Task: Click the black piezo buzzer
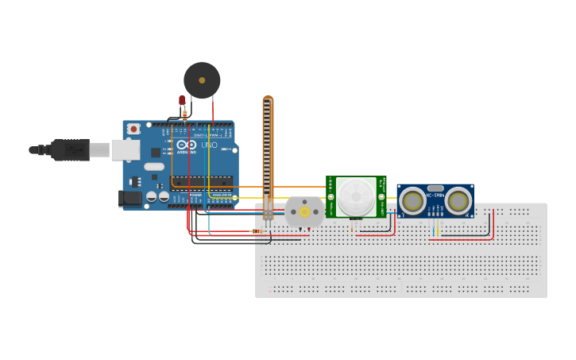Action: click(202, 80)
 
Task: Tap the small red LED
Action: click(182, 100)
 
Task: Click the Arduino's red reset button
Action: click(133, 129)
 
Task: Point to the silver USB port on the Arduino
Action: click(126, 149)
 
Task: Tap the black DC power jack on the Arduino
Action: click(130, 199)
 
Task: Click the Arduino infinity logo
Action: click(185, 146)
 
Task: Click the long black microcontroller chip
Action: click(203, 181)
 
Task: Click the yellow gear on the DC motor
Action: click(304, 212)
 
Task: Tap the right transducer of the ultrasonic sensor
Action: click(458, 201)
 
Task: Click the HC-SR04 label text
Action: click(435, 195)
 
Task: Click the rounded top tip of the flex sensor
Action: click(268, 99)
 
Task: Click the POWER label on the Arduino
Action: click(195, 195)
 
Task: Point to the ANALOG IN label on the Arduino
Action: click(220, 195)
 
